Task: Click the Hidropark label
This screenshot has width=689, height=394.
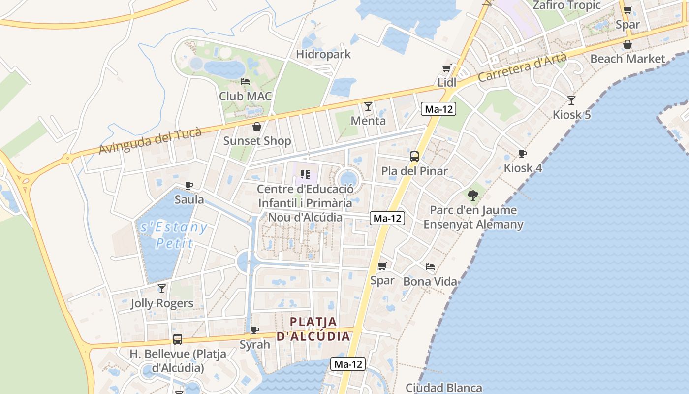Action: tap(323, 54)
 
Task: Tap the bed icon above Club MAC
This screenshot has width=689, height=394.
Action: tap(245, 82)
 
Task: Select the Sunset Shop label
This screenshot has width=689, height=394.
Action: tap(257, 141)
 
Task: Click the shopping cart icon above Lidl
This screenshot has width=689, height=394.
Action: tap(446, 68)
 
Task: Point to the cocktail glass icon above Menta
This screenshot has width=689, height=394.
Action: tap(368, 106)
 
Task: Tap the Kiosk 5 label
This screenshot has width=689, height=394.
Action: tap(571, 115)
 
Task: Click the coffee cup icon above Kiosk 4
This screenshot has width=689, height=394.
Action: tap(523, 154)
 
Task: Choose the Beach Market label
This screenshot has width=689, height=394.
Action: tap(627, 59)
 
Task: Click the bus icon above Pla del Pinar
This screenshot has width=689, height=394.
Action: tap(414, 157)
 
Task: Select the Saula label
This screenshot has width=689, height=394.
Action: tap(189, 199)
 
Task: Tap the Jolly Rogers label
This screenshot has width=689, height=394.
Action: tap(162, 303)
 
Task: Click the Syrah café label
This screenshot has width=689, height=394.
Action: tap(255, 345)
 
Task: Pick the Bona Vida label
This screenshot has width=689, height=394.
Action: tap(430, 282)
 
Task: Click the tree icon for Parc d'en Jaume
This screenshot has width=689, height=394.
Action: tap(473, 196)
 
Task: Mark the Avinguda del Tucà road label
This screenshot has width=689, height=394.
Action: tap(151, 141)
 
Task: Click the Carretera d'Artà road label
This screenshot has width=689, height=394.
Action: tap(522, 67)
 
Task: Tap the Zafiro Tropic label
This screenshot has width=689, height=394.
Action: tap(567, 5)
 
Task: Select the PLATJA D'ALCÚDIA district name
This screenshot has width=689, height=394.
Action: tap(313, 329)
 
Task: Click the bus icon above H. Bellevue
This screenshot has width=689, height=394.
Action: tap(178, 339)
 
